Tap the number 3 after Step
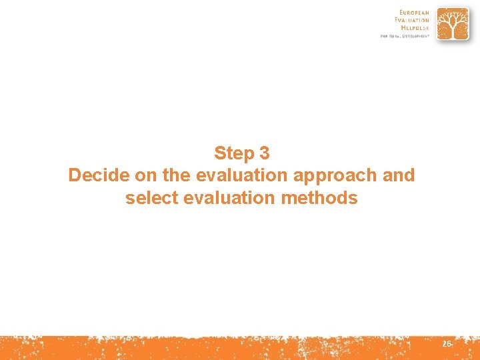264,153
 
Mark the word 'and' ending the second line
399,175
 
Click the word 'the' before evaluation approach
175,175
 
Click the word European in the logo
415,12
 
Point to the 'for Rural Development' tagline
405,36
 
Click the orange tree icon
453,24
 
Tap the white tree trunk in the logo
453,31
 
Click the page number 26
446,344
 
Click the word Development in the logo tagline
417,36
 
